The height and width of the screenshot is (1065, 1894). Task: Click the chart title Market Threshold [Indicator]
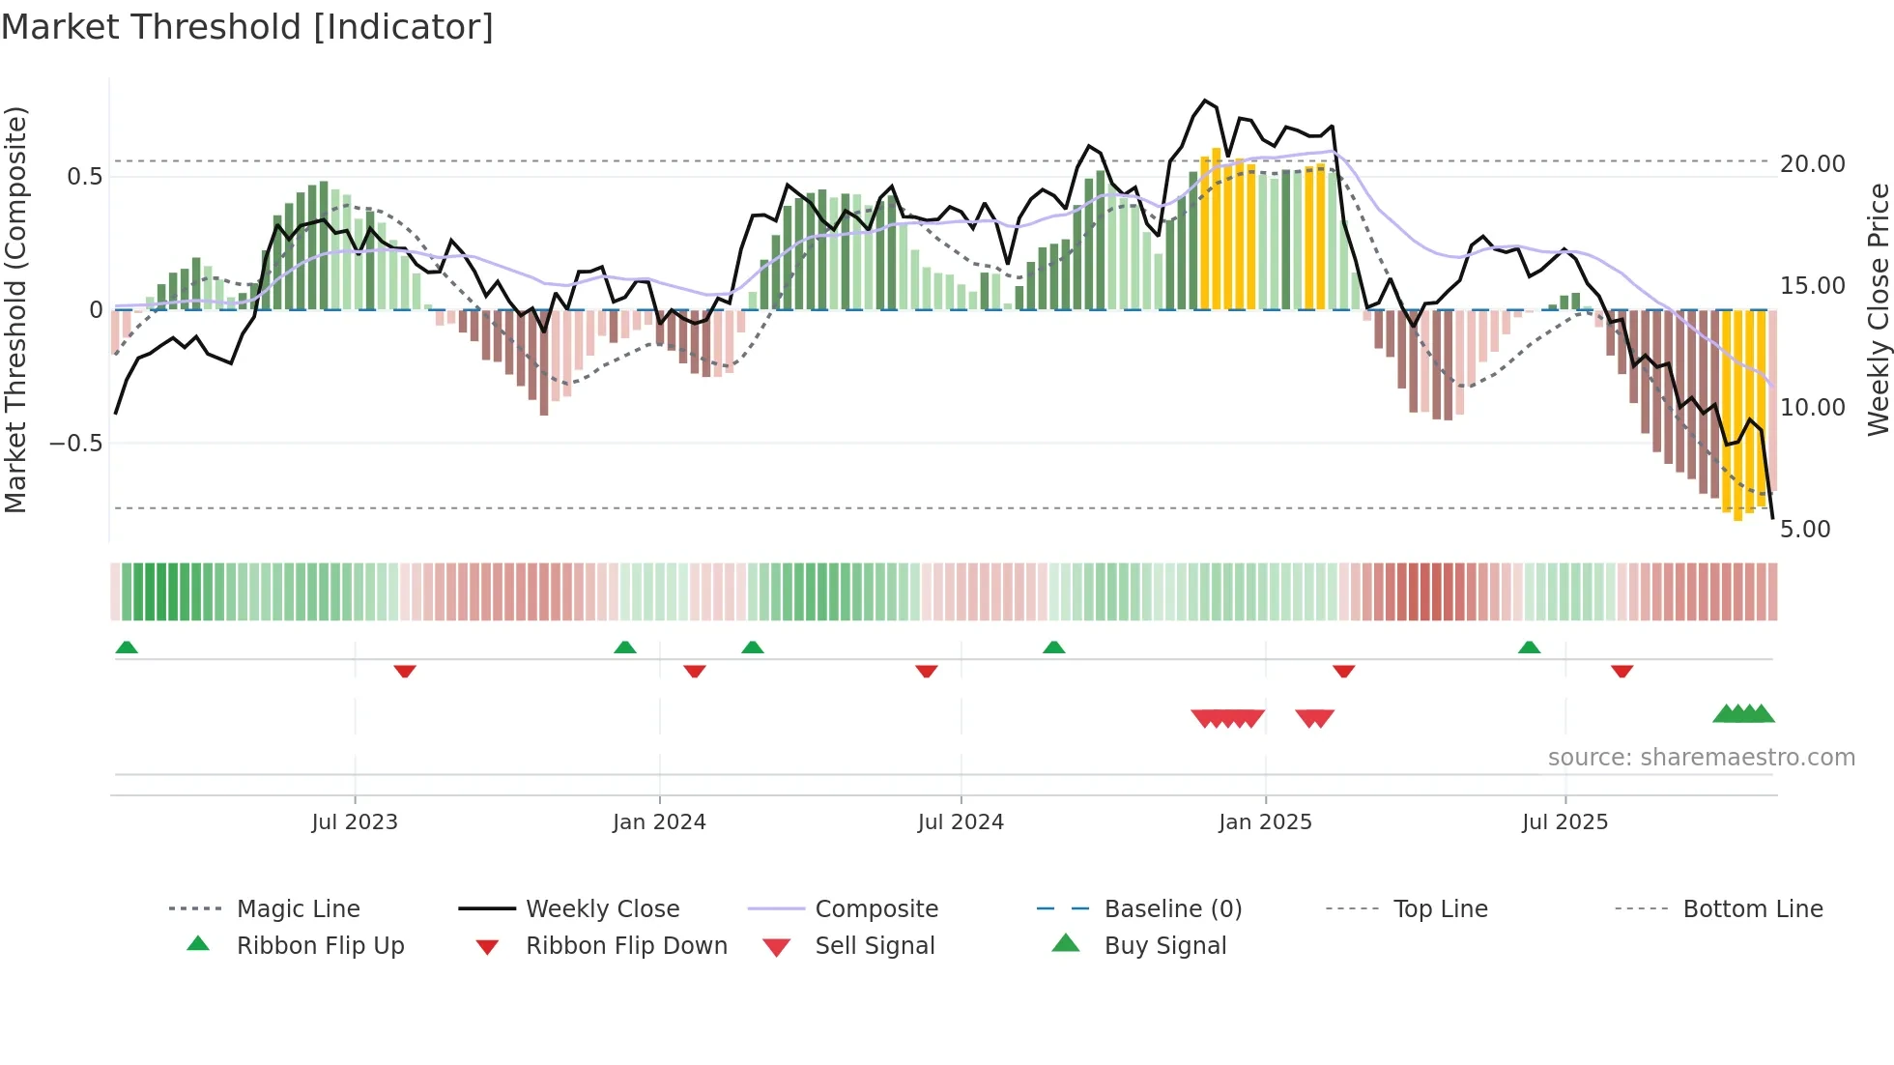247,27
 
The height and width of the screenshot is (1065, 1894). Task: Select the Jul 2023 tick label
355,822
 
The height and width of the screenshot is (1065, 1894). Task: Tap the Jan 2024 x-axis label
659,822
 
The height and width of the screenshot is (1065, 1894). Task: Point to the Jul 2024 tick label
961,822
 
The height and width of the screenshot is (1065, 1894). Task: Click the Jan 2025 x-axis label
1265,822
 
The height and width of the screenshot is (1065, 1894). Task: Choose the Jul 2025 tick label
1564,822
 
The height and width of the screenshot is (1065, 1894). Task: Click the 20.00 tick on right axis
1812,164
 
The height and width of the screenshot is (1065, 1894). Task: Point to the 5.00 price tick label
1804,530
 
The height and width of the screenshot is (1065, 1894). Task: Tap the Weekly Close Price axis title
1878,309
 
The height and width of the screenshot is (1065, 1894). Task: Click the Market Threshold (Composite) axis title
15,309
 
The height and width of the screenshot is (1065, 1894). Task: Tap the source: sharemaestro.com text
1701,758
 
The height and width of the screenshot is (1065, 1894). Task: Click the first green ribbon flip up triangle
127,648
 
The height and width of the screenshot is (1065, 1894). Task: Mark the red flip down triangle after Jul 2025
1621,671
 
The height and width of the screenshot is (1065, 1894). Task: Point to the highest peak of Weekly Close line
1204,101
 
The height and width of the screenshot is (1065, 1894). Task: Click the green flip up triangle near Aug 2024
1053,648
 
